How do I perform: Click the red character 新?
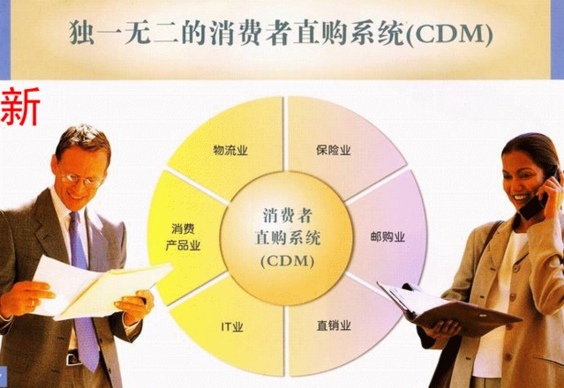click(19, 107)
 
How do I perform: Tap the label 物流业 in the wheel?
click(230, 150)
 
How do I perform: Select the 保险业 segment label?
click(334, 150)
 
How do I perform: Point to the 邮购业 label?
click(387, 236)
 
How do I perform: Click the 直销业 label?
click(334, 325)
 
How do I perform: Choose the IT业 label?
click(232, 327)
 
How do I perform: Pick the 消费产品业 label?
click(183, 237)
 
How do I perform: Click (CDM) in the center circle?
click(288, 261)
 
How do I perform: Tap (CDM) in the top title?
click(449, 34)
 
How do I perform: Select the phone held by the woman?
click(538, 198)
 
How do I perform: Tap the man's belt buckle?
click(73, 358)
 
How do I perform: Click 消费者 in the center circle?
click(288, 215)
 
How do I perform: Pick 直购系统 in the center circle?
click(288, 237)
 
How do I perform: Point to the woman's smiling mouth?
click(521, 197)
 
